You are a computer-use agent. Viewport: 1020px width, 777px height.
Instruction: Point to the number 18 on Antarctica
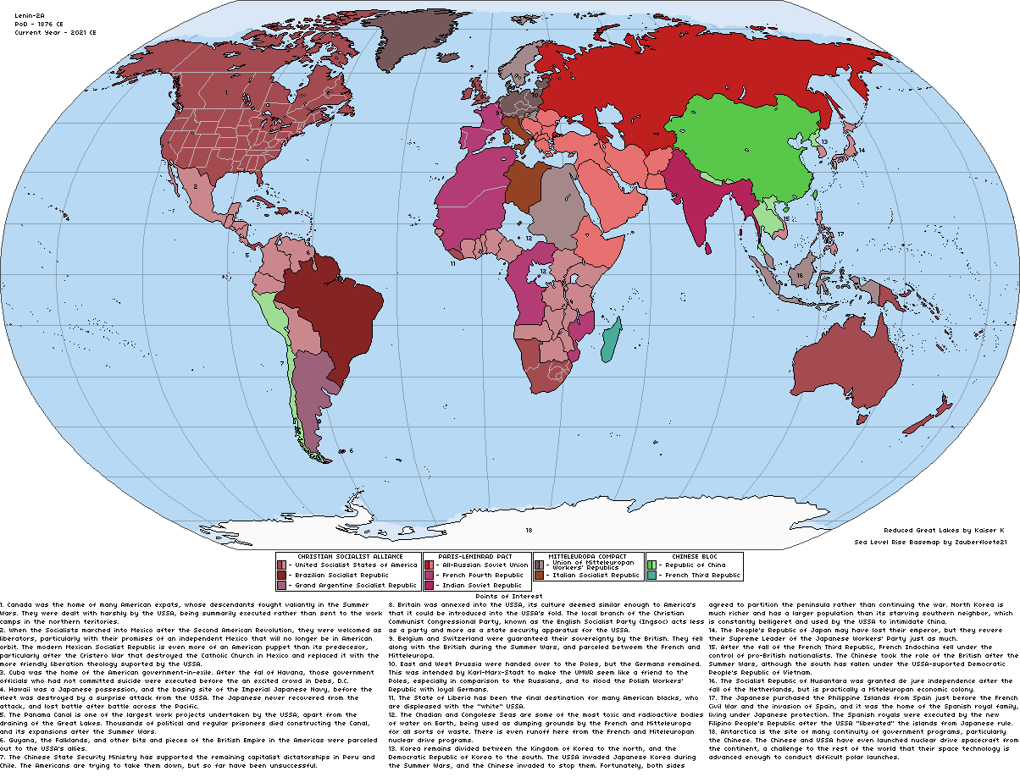pos(528,531)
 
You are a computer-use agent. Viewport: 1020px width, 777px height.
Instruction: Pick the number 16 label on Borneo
pos(799,275)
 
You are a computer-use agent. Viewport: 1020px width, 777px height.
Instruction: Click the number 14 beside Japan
pos(861,151)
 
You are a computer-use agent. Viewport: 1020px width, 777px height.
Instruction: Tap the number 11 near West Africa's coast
pos(453,264)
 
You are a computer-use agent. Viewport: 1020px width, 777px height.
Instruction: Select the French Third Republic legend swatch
pos(651,575)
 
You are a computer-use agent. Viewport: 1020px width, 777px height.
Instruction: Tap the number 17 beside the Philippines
pos(840,234)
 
